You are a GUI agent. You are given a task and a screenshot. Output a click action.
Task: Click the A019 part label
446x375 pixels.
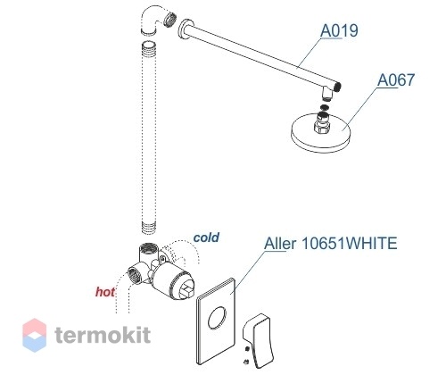(339, 30)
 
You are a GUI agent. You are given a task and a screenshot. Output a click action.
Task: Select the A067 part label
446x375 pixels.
(396, 79)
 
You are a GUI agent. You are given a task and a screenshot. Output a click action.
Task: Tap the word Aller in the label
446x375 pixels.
(280, 244)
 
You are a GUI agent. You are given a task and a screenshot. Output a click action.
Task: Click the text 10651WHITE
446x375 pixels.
(350, 243)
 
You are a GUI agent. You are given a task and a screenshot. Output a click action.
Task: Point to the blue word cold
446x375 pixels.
(206, 237)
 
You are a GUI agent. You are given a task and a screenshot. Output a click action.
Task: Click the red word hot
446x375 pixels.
(105, 292)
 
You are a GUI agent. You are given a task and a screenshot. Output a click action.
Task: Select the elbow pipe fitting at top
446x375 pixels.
(158, 20)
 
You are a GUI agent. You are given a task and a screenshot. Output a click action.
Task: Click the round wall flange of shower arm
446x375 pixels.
(186, 29)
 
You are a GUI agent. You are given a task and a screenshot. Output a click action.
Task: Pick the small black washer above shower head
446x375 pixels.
(325, 107)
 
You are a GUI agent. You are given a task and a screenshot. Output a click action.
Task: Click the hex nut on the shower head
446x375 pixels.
(322, 127)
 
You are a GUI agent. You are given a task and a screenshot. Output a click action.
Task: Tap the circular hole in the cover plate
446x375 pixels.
(217, 318)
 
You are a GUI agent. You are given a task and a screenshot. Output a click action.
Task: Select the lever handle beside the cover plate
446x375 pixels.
(258, 340)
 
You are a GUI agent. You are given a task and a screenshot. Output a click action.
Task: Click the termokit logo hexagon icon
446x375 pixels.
(35, 335)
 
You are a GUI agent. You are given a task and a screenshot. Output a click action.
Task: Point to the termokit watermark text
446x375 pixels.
(103, 335)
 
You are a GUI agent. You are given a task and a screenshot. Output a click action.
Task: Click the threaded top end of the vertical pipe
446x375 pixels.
(149, 47)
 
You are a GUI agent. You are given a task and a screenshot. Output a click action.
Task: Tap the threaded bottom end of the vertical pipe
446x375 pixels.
(148, 228)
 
